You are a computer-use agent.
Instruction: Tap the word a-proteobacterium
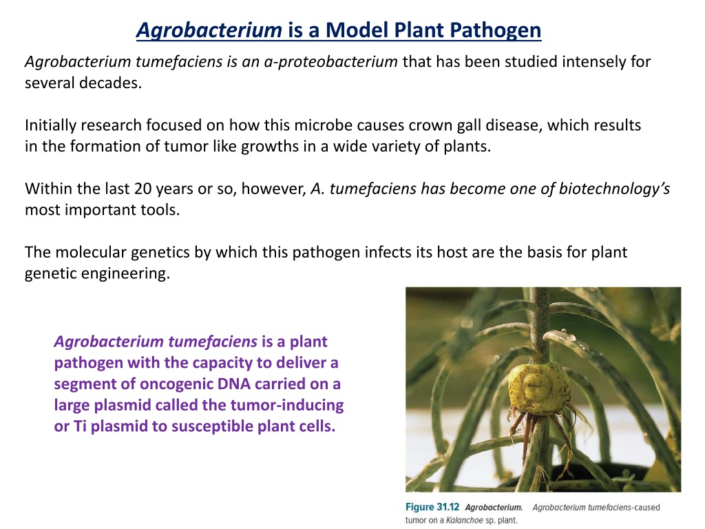coord(330,61)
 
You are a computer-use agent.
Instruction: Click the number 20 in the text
coord(143,189)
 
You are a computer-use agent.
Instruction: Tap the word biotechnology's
coord(614,189)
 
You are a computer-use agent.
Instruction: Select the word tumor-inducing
coord(287,405)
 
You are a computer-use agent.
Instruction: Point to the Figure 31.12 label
coord(432,507)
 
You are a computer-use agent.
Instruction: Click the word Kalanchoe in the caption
coord(465,521)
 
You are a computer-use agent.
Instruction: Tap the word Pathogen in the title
coord(496,30)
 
